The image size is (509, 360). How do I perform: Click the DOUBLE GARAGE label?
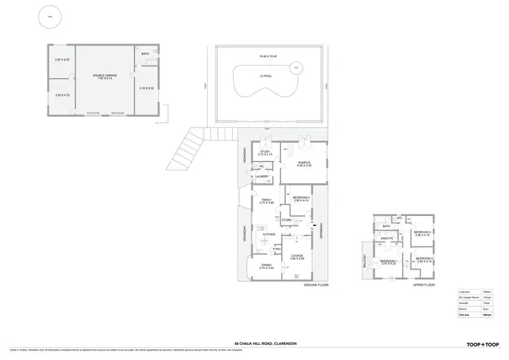click(x=105, y=75)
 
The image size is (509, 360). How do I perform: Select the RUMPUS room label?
click(x=303, y=162)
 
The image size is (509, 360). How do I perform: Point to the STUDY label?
click(x=265, y=151)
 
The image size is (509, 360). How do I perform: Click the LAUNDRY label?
click(x=263, y=177)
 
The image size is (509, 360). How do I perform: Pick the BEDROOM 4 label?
click(x=301, y=197)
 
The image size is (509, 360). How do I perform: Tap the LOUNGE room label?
click(x=297, y=255)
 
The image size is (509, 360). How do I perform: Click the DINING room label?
click(x=266, y=265)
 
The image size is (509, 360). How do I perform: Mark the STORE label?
click(x=286, y=220)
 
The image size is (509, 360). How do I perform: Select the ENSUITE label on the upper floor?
click(x=388, y=238)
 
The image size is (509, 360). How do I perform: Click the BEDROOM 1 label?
click(x=388, y=261)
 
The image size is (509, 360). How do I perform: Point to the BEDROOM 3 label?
click(x=424, y=258)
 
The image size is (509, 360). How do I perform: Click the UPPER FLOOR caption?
click(x=423, y=285)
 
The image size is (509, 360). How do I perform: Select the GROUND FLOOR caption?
click(x=316, y=285)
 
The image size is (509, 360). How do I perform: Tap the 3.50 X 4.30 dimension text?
click(x=62, y=60)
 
